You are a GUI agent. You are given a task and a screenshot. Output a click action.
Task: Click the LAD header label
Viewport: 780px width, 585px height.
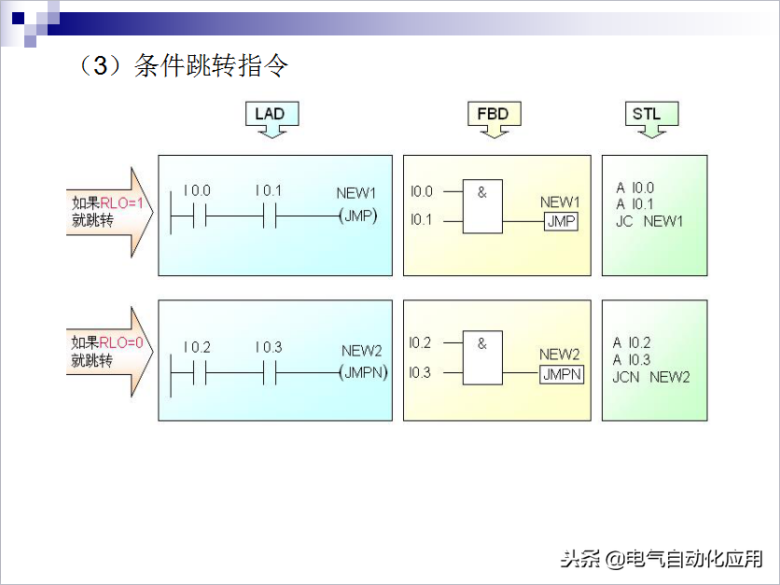[270, 114]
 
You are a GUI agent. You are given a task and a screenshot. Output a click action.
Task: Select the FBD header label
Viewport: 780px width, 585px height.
[493, 114]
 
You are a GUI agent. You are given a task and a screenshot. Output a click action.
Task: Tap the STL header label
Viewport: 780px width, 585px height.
[647, 114]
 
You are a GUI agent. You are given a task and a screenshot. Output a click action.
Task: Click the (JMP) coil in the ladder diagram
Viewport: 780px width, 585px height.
[358, 216]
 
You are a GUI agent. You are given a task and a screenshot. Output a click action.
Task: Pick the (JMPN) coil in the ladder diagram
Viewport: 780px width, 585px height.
[363, 372]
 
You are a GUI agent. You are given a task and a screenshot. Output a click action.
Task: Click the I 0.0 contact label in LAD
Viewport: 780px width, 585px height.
[197, 190]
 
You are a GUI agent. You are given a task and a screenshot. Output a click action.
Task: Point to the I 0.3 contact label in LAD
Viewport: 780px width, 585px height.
[269, 347]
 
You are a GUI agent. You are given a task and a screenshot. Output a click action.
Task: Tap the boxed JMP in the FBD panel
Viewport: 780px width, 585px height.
[561, 221]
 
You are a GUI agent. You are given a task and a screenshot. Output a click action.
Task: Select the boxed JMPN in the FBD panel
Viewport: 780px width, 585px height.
[562, 374]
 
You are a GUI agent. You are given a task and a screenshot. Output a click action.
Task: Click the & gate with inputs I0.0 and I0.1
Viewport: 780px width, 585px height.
[482, 206]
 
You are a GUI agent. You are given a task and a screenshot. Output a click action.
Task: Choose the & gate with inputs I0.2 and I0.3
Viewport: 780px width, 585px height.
[482, 357]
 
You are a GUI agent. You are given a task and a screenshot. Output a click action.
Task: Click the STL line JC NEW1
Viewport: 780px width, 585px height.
[649, 221]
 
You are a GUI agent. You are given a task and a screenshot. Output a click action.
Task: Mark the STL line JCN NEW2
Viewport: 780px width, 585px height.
[651, 377]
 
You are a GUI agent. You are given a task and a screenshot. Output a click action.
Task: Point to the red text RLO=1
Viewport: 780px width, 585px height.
[122, 202]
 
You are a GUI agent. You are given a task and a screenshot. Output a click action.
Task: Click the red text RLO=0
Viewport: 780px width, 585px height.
[121, 342]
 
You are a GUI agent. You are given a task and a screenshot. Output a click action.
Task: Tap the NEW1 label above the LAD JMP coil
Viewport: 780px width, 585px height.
[356, 193]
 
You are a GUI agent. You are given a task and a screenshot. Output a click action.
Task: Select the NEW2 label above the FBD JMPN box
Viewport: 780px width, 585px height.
[560, 355]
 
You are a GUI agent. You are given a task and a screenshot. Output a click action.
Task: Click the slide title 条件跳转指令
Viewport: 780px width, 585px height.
[211, 65]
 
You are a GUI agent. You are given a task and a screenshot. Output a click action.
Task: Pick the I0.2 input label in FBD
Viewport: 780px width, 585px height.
[420, 342]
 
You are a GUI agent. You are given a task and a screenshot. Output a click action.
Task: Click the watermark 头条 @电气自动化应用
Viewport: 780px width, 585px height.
[662, 559]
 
